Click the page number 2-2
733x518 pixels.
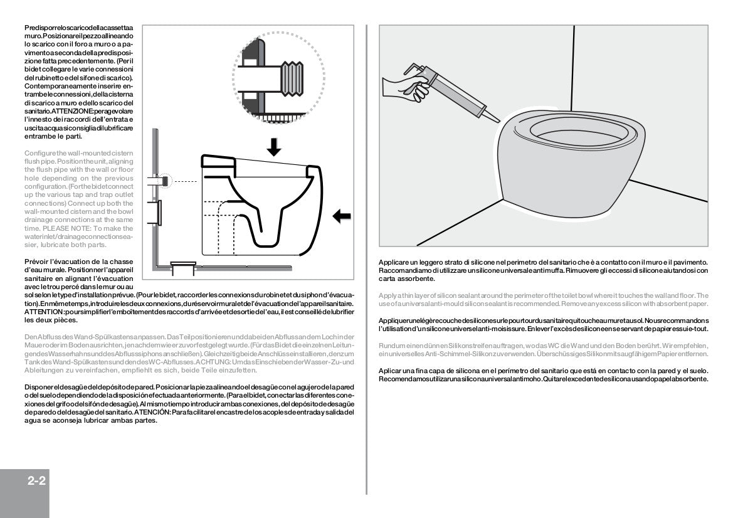pos(38,482)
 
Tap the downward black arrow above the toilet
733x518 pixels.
pos(273,146)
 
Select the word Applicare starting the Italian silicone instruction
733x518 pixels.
pos(395,262)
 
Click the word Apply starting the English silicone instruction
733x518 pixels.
pos(388,295)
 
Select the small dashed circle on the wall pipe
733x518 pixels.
pos(166,181)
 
